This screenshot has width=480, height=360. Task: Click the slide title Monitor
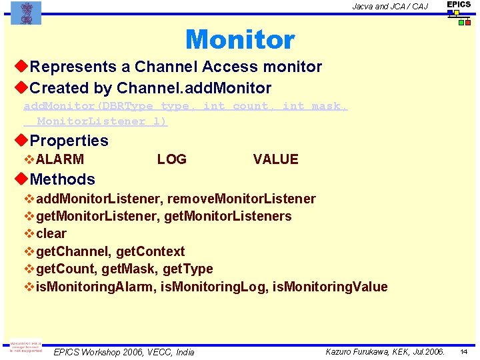(x=240, y=40)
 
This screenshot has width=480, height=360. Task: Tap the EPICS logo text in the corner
(x=459, y=5)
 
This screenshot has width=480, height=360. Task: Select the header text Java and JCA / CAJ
(x=390, y=7)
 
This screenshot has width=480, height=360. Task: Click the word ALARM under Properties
(x=60, y=159)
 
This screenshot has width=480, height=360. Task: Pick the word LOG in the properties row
(x=171, y=159)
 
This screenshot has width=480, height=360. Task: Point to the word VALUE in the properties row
(x=275, y=159)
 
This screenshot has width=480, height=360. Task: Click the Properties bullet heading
(x=69, y=141)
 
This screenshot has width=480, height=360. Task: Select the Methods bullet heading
(x=62, y=179)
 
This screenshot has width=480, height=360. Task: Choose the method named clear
(x=51, y=234)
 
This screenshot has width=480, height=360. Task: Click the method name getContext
(x=151, y=251)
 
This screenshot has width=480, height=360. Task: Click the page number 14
(x=463, y=351)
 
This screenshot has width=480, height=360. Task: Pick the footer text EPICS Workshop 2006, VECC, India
(x=124, y=352)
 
